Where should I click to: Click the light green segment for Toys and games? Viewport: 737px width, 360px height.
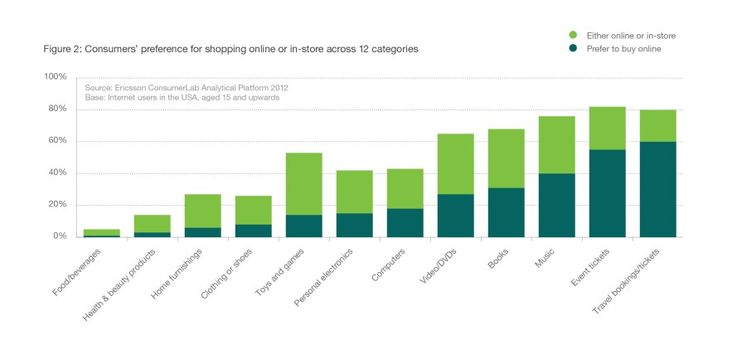point(303,183)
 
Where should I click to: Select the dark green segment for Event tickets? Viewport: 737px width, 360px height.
point(607,192)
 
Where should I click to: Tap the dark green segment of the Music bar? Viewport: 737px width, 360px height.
point(556,205)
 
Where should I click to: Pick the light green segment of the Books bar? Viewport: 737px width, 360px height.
point(506,158)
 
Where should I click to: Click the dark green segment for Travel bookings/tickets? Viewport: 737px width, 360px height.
point(657,189)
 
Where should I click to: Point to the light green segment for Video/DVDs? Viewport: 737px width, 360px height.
point(455,163)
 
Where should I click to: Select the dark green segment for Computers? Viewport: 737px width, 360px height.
point(405,222)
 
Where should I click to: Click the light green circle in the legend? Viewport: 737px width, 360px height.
point(571,36)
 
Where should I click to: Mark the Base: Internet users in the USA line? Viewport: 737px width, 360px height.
point(182,97)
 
